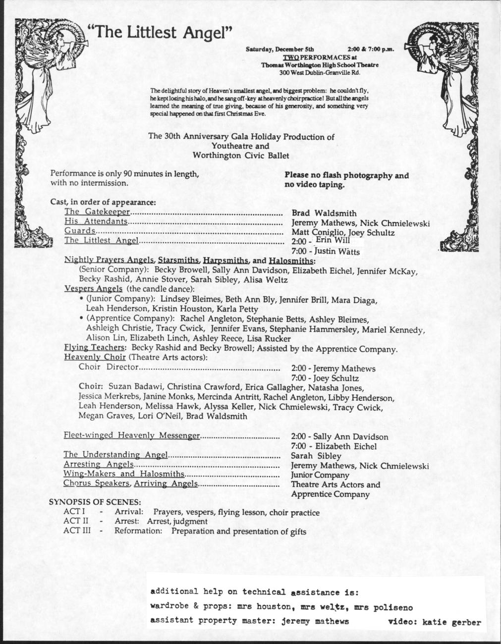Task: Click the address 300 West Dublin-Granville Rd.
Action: (320, 72)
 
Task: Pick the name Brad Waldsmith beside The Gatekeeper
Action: (324, 214)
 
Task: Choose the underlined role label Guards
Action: (80, 231)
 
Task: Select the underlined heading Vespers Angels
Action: (93, 289)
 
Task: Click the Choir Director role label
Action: (108, 367)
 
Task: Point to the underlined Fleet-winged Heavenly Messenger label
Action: (131, 435)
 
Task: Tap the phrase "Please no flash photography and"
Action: (346, 175)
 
